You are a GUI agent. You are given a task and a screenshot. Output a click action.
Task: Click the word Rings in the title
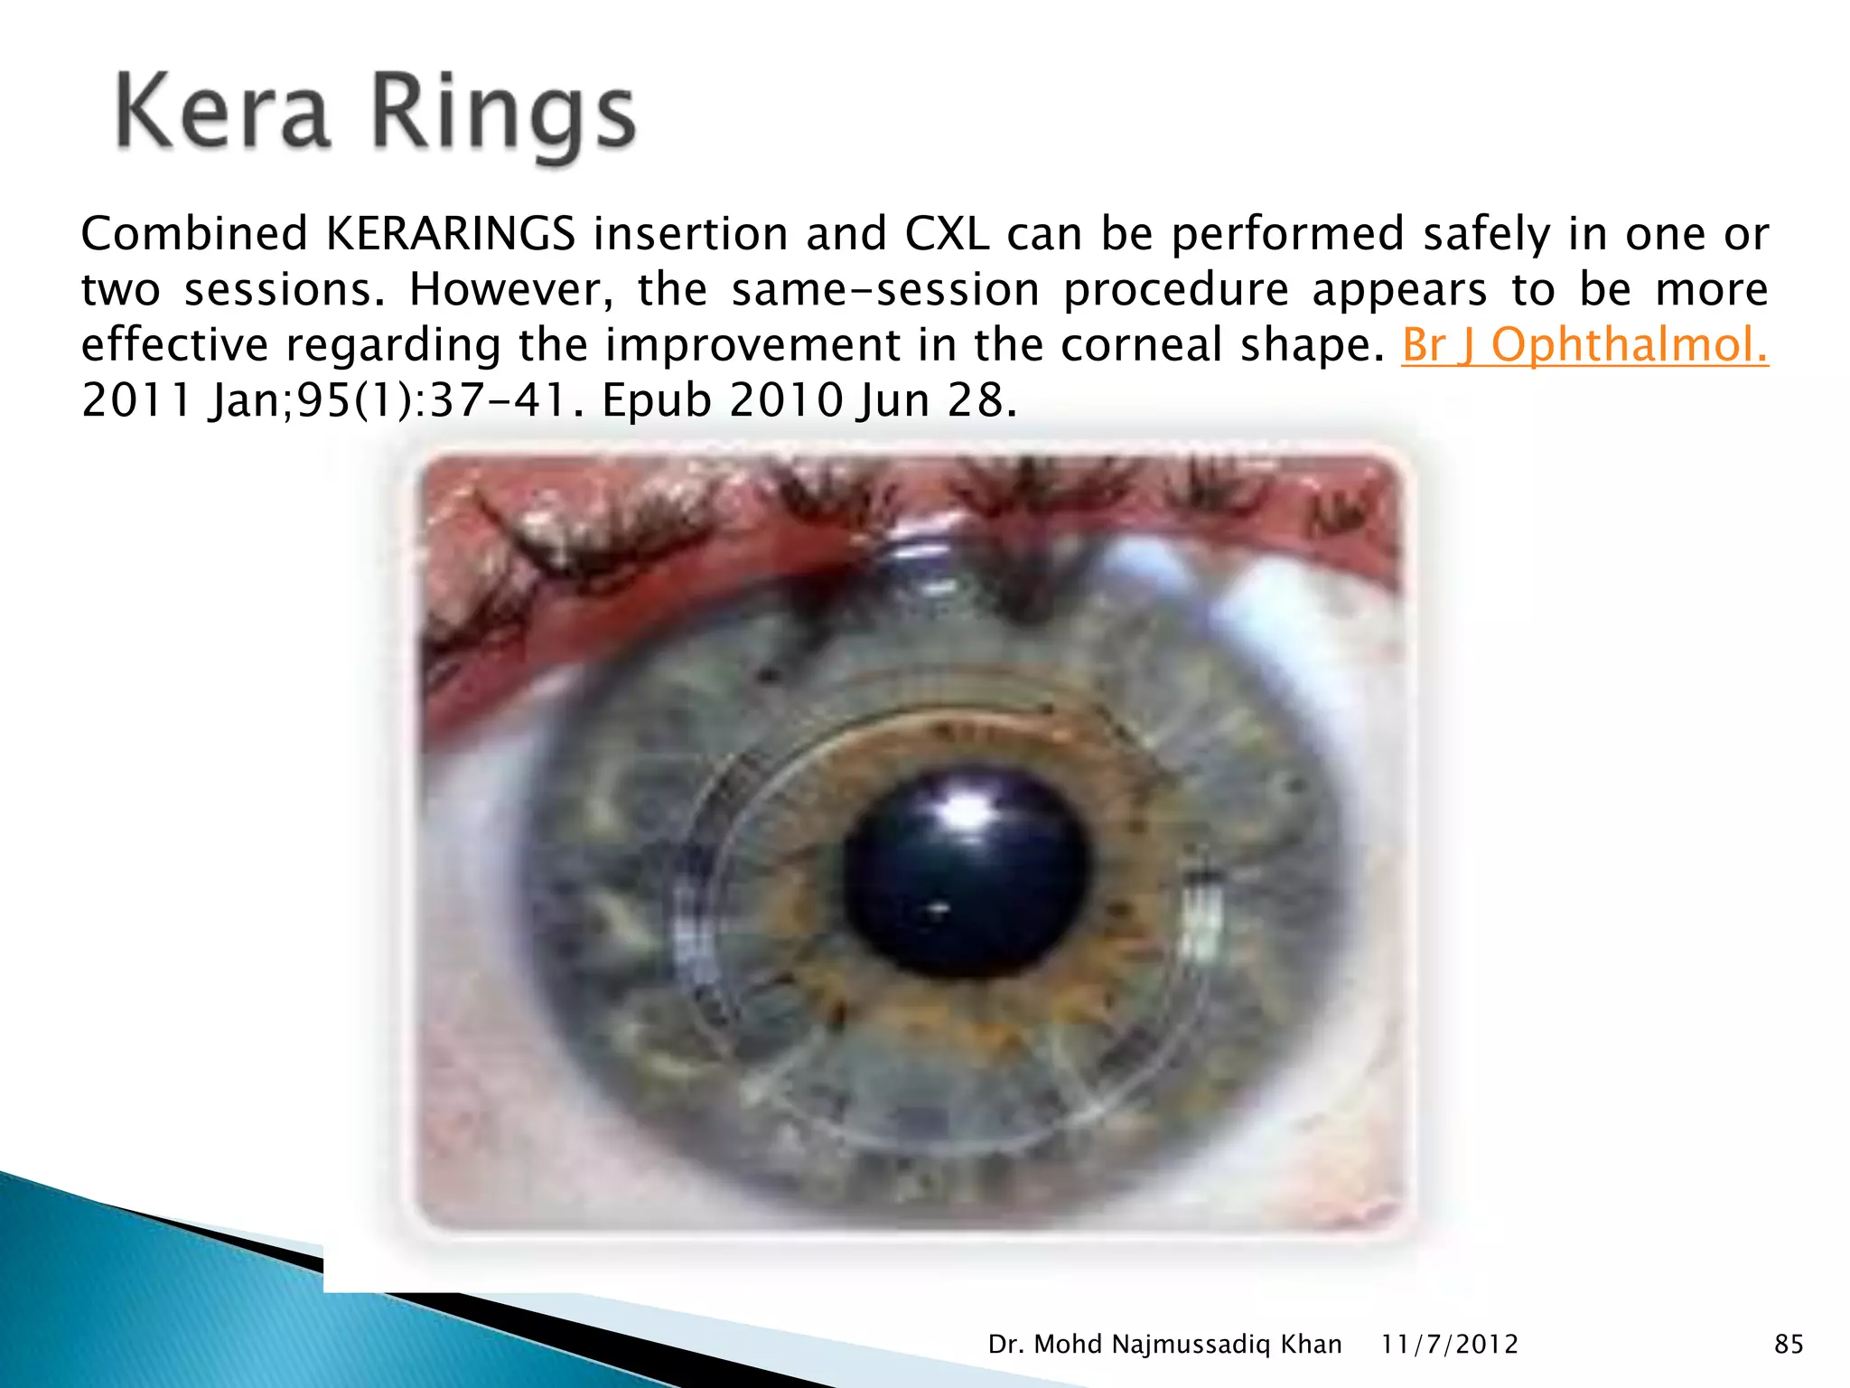[503, 117]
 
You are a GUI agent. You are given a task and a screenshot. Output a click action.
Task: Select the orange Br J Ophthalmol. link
[1584, 345]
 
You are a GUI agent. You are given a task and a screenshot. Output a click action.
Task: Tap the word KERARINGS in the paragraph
[450, 234]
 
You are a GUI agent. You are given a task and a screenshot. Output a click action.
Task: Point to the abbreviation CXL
[946, 234]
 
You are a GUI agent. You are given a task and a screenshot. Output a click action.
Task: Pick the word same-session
[885, 290]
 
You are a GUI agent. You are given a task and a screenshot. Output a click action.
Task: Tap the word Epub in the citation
[657, 400]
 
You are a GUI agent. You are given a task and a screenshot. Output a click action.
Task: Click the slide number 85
[1789, 1345]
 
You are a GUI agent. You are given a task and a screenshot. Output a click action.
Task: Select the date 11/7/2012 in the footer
[1449, 1345]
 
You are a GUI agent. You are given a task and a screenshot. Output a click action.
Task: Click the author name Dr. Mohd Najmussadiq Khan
[1164, 1345]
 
